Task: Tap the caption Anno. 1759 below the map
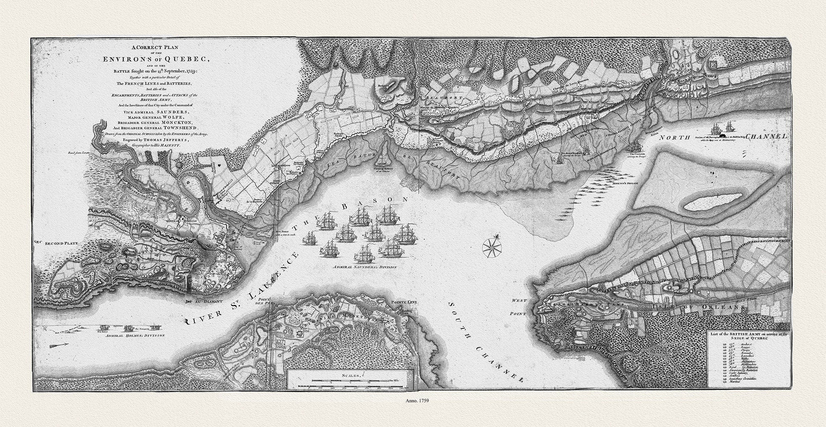point(413,411)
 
